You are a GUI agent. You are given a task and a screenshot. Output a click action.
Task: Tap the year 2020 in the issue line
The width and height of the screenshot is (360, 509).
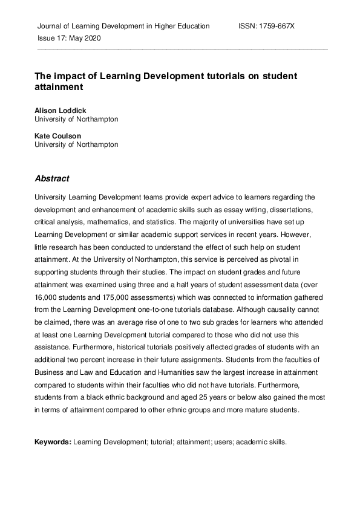coord(92,37)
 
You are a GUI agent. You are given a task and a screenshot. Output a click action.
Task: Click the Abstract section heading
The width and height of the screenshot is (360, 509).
coord(52,178)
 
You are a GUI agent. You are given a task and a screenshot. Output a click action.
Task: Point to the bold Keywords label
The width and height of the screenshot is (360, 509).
coord(53,442)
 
